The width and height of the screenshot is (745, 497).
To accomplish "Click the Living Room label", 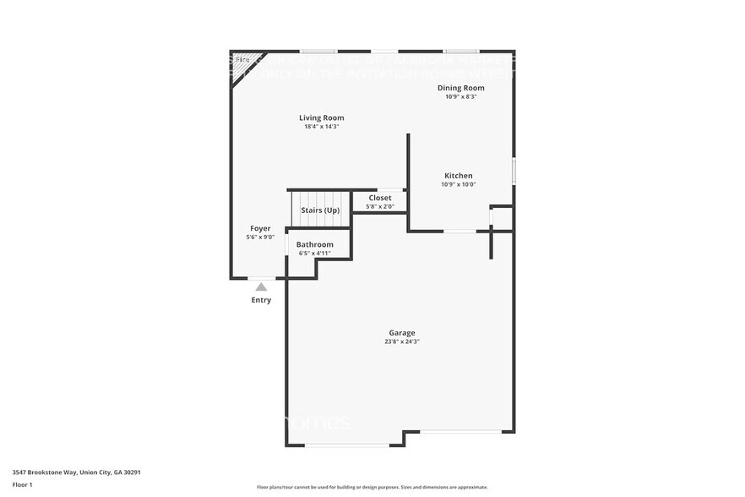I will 321,117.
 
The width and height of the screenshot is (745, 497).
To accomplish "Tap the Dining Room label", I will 460,87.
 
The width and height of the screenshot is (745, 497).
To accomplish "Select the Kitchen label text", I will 459,176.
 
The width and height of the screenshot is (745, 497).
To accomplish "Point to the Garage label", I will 401,332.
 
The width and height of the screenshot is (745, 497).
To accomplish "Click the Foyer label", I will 260,228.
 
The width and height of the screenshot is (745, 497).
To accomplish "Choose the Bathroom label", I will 314,244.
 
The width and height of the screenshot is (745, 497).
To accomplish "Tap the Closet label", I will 379,198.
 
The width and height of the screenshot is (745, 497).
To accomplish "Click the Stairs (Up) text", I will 320,210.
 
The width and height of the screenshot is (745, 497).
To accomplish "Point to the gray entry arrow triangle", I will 261,287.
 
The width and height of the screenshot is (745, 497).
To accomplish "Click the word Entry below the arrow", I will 261,300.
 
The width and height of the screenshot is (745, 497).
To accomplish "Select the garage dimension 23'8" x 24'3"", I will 401,341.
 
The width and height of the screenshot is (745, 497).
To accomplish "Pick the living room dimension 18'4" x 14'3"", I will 321,127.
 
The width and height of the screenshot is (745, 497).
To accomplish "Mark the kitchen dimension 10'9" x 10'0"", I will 459,184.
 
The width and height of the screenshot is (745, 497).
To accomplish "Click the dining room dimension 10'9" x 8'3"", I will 460,96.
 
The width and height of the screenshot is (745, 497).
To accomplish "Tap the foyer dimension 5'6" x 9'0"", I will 260,238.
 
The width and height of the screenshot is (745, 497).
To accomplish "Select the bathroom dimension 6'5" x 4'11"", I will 314,253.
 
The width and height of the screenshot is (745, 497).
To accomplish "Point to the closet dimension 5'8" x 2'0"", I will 379,206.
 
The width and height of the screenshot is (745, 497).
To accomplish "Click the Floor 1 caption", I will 22,484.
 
